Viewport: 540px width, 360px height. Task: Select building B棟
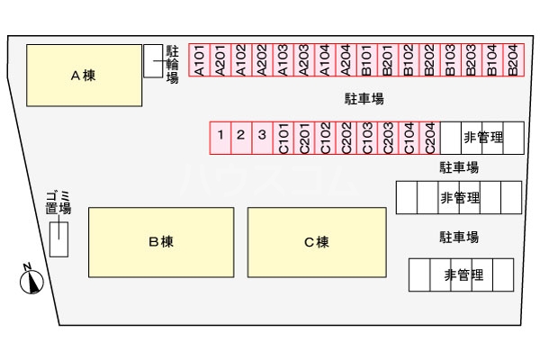160,241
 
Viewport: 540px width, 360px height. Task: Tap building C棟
316,241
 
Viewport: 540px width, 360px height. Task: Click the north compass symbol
31,281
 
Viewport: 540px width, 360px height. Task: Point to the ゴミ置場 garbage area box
58,237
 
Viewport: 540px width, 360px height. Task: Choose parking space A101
198,60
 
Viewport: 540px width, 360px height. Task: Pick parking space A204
345,60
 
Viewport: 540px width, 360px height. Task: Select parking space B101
365,60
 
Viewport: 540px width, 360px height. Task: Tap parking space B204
512,60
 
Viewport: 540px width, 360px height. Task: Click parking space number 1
220,136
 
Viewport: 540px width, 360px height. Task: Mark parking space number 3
262,136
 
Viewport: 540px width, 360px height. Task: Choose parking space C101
283,137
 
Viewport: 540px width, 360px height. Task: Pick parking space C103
366,137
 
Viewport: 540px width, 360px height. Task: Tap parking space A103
282,60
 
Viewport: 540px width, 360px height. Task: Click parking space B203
471,60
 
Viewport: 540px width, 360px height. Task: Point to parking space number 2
241,136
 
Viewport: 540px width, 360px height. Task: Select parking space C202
346,137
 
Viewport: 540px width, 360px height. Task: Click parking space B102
408,60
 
